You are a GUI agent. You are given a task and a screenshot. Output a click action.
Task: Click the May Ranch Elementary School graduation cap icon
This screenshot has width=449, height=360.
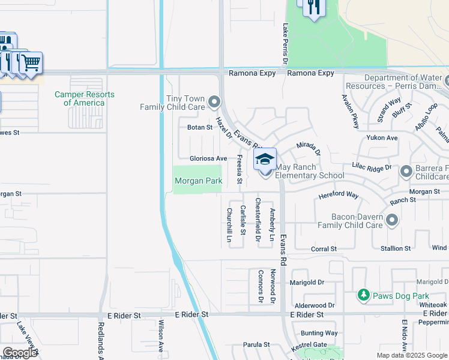point(265,160)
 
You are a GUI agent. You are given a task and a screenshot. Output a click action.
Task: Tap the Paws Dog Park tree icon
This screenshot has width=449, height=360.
point(363,295)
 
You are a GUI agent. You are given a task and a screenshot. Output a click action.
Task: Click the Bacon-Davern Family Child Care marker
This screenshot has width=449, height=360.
point(393,221)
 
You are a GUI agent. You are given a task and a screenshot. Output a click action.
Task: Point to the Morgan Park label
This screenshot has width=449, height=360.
point(198,181)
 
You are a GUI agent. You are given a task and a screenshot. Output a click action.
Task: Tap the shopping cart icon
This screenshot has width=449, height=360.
point(31,62)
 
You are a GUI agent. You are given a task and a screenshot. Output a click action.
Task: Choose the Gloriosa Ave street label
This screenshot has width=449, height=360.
point(208,158)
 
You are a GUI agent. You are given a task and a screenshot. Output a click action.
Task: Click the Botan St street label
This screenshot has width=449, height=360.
point(200,127)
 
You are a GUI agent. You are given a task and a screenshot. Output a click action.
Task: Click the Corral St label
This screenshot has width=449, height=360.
point(324,248)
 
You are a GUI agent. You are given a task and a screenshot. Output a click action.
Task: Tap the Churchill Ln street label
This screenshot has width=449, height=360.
point(229,225)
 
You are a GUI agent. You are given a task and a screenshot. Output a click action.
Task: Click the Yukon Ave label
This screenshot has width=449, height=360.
point(382,137)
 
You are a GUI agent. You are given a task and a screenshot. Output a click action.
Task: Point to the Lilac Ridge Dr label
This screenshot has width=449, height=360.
point(372,167)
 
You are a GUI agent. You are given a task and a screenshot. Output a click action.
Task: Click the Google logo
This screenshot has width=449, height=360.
point(20,353)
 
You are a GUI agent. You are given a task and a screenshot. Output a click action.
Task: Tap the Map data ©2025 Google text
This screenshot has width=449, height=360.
point(412,355)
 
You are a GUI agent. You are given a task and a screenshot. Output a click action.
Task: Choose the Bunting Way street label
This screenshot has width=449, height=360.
point(319,333)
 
